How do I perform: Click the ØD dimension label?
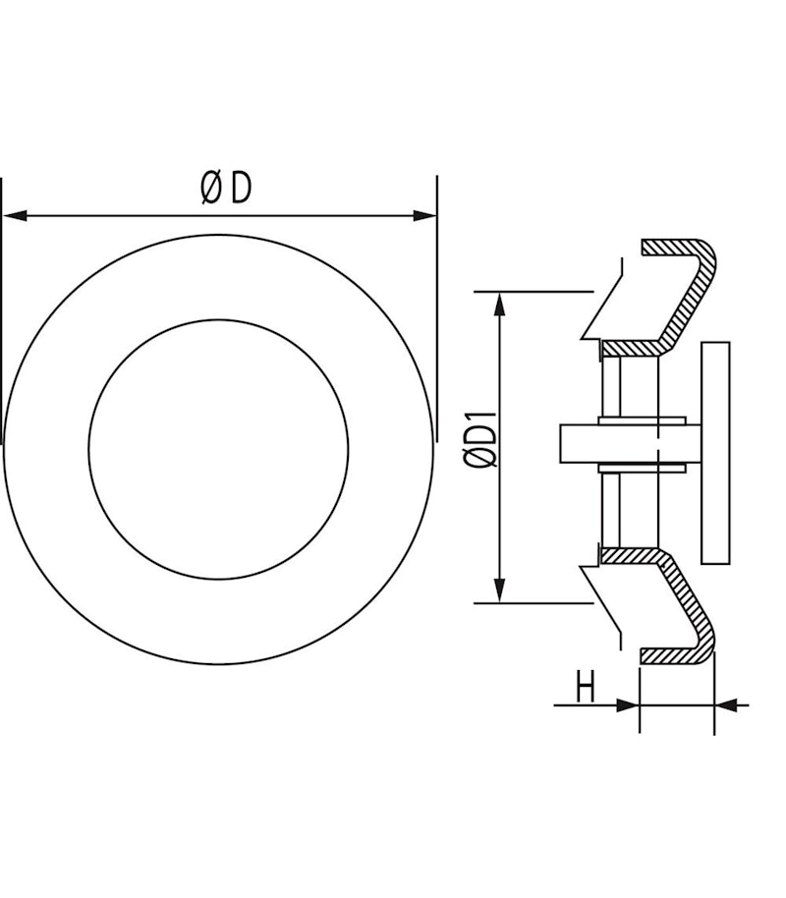[226, 189]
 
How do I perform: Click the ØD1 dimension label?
[480, 439]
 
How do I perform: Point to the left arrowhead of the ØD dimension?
[15, 216]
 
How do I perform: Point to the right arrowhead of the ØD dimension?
[424, 216]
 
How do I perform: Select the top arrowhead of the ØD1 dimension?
[500, 305]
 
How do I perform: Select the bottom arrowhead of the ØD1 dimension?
[500, 590]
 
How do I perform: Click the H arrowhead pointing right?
[627, 705]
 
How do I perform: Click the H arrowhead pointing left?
[726, 705]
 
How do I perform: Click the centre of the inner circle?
[218, 450]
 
